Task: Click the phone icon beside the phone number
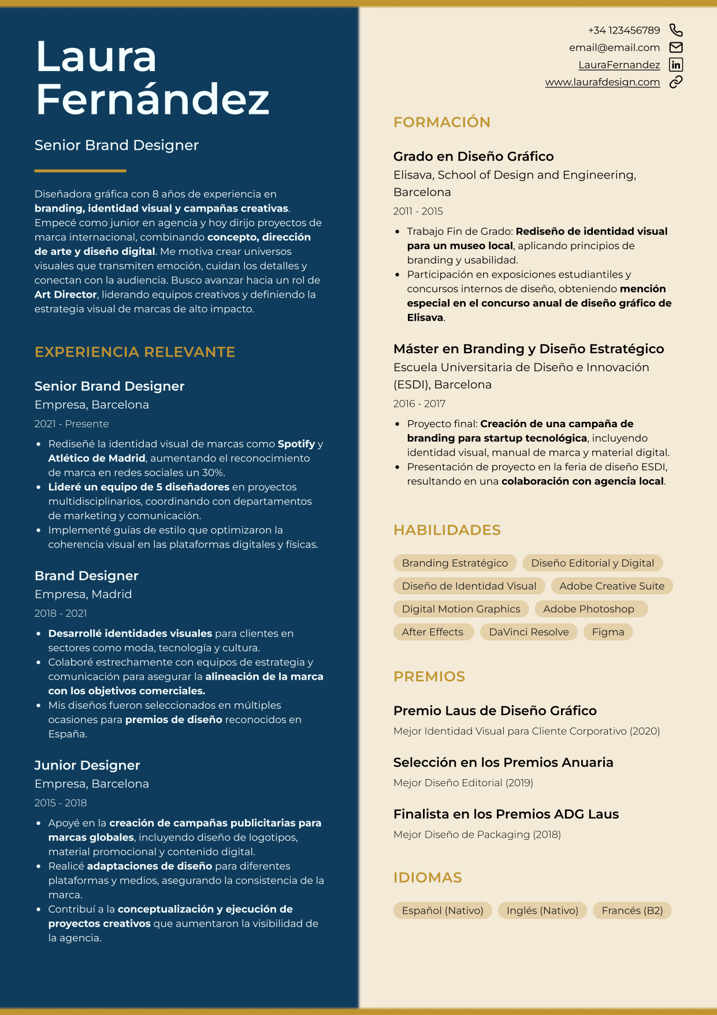point(675,30)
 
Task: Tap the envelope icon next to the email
point(675,47)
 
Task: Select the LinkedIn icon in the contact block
point(675,65)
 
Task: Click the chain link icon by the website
point(675,82)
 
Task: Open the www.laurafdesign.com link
point(602,82)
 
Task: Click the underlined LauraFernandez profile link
point(619,65)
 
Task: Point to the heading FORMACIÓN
point(441,122)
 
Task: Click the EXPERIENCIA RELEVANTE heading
point(135,352)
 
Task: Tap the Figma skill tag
point(608,632)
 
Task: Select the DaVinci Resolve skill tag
point(529,632)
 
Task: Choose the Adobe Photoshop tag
point(588,609)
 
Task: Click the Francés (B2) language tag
point(632,910)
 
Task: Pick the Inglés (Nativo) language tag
point(542,910)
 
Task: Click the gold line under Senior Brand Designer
point(80,171)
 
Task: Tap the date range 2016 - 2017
point(419,403)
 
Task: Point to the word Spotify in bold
point(296,444)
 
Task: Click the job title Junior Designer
point(87,765)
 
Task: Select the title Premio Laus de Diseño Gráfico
point(495,710)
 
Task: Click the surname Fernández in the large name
point(153,99)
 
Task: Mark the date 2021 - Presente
point(72,424)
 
